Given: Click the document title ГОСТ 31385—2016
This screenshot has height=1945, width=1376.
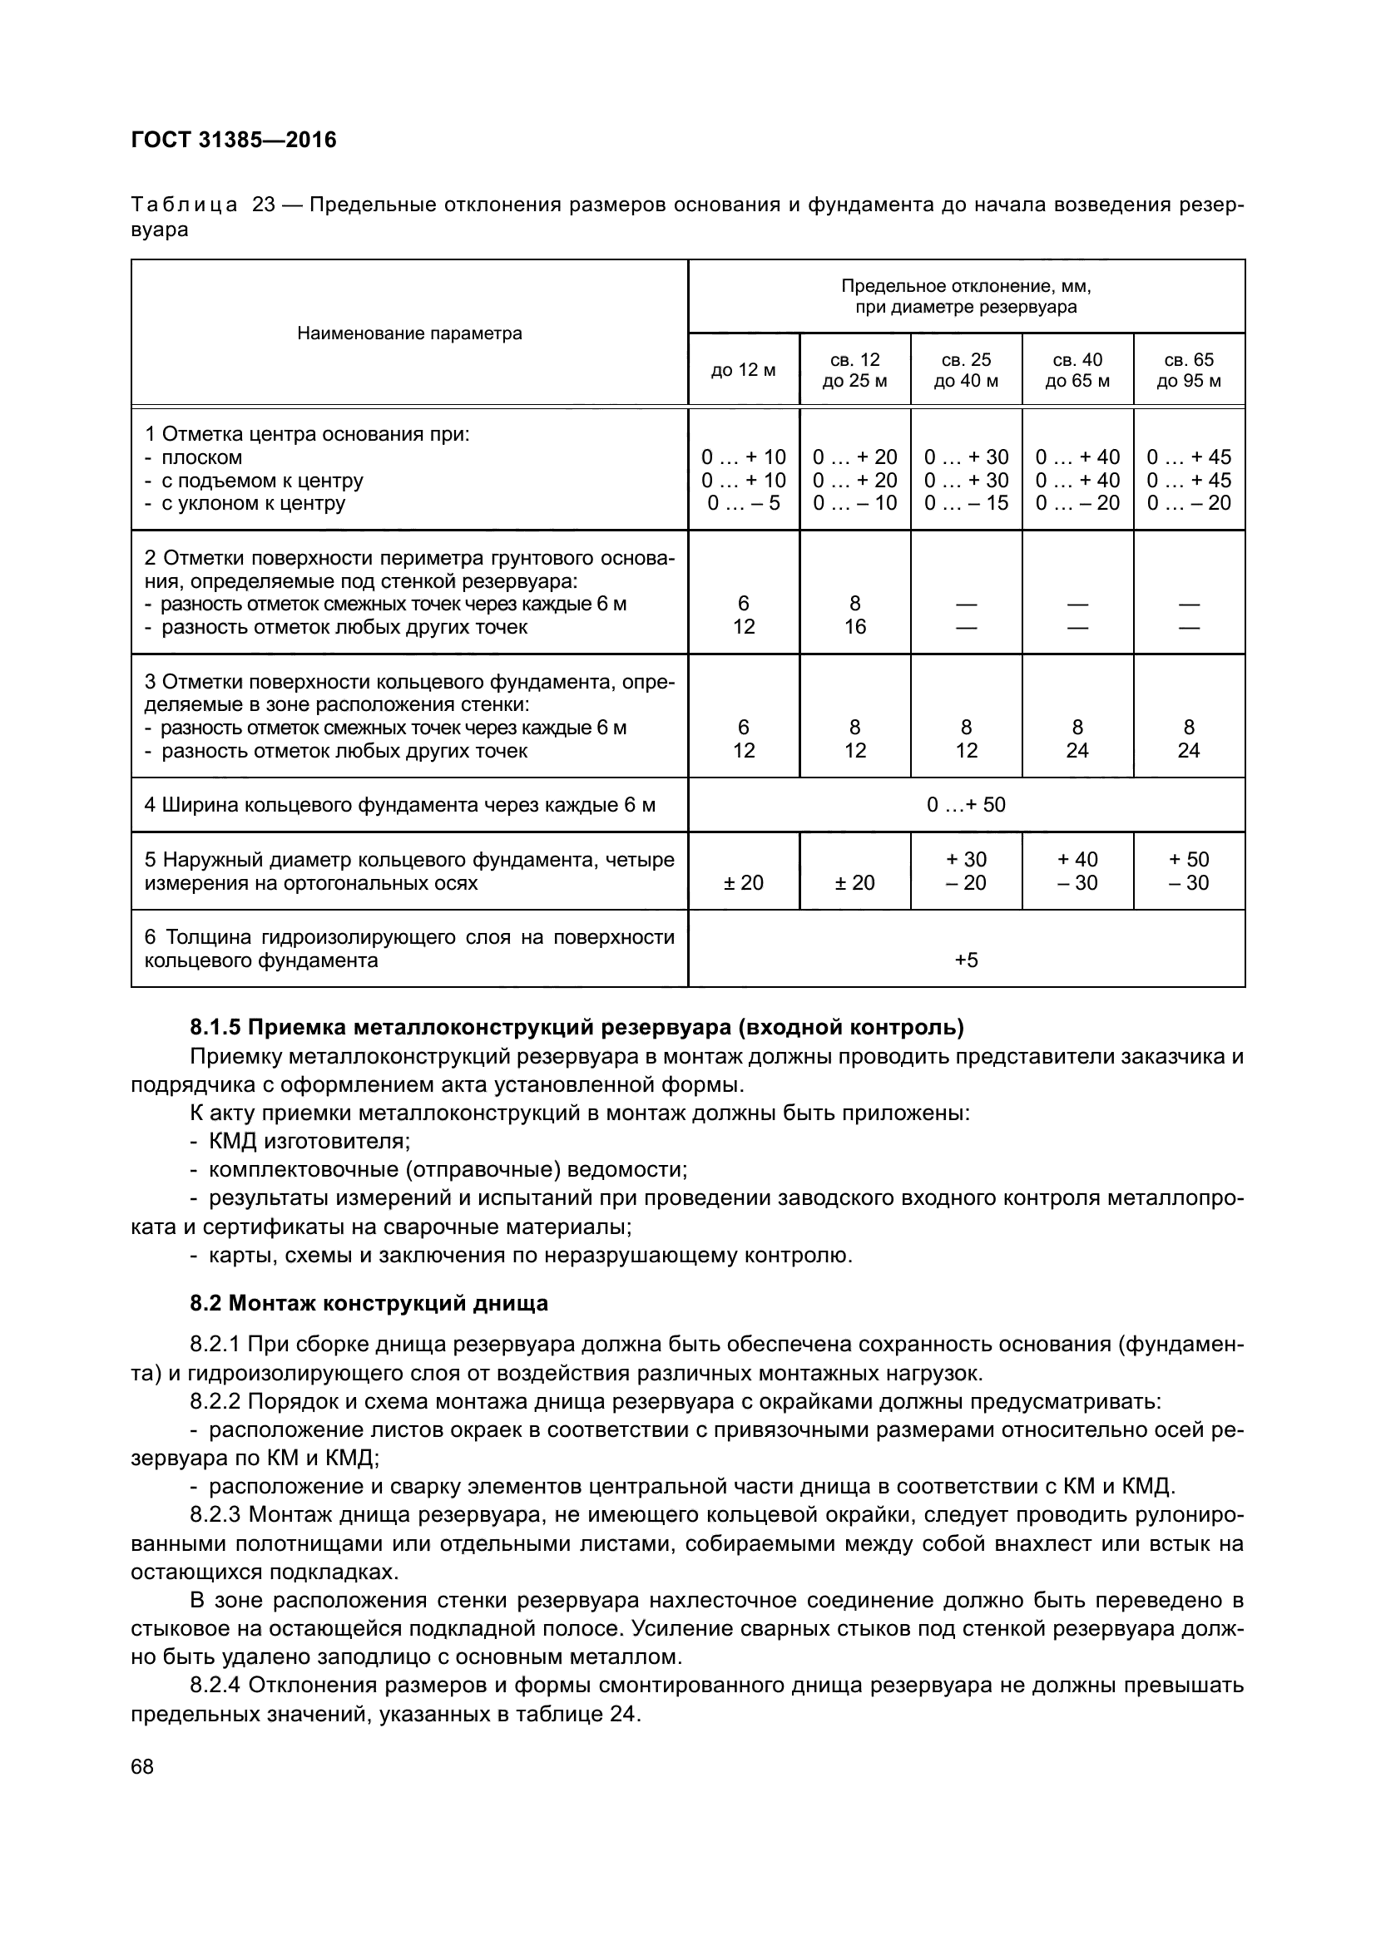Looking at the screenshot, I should [x=234, y=140].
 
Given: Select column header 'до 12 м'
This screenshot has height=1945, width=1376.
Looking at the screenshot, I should [x=743, y=370].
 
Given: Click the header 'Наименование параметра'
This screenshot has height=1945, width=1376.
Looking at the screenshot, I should [x=409, y=333].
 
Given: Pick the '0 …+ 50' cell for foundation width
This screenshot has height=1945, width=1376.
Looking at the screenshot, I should [x=966, y=804].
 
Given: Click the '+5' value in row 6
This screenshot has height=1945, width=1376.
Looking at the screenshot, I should [x=966, y=960].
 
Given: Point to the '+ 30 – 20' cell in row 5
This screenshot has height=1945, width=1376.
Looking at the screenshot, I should [x=966, y=871].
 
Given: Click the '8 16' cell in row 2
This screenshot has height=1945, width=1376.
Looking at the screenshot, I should [x=854, y=615].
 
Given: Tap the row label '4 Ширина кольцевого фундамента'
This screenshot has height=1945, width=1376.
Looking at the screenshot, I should [x=399, y=804].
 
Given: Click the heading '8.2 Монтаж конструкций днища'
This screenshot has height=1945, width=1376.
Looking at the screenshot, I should [x=369, y=1303].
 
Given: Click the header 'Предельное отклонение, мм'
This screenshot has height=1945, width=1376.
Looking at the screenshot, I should [x=966, y=286].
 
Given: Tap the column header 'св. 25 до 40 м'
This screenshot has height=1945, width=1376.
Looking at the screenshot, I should [x=966, y=370].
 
